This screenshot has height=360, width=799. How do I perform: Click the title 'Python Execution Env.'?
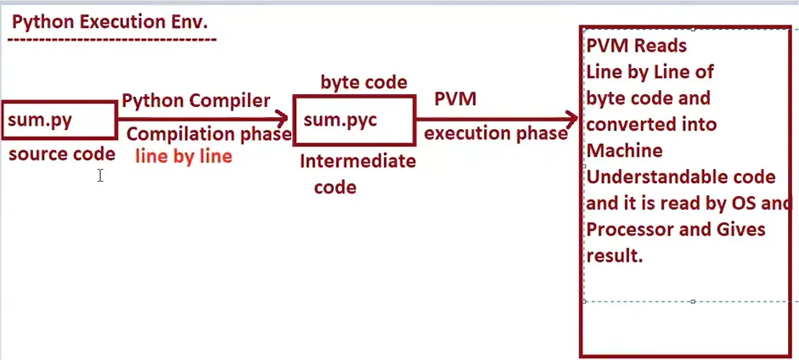(110, 21)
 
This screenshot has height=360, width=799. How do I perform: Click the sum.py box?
(59, 120)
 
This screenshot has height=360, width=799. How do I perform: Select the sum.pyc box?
(353, 120)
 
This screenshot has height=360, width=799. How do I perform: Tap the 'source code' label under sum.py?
(61, 155)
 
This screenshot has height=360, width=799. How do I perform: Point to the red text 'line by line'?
(183, 157)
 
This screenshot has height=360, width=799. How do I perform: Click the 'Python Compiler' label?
(196, 101)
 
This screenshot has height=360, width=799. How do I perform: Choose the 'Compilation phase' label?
(209, 134)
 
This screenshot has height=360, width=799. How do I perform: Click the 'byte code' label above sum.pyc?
(363, 82)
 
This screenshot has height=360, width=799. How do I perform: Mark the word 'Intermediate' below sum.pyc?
(357, 161)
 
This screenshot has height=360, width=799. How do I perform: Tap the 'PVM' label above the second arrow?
(455, 99)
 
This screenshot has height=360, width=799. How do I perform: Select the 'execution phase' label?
(496, 133)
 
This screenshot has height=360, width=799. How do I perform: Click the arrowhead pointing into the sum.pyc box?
(284, 121)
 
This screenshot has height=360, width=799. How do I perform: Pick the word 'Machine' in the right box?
(624, 150)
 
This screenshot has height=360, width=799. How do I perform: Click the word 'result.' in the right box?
(614, 255)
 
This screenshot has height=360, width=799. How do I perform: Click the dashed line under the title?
(113, 39)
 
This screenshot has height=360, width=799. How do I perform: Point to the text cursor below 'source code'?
(100, 176)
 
